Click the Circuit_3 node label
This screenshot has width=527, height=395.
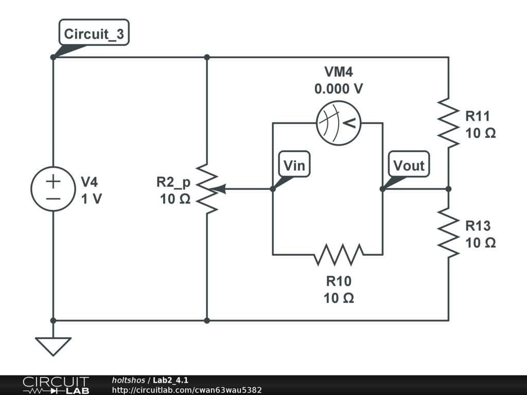pyautogui.click(x=94, y=34)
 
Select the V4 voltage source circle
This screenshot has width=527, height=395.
pyautogui.click(x=53, y=189)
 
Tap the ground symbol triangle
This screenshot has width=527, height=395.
pyautogui.click(x=53, y=346)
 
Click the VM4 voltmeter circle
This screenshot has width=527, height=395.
pyautogui.click(x=338, y=123)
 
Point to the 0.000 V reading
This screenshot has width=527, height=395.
pyautogui.click(x=339, y=89)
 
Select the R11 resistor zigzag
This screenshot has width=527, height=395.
pyautogui.click(x=448, y=123)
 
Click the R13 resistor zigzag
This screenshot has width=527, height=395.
pyautogui.click(x=448, y=232)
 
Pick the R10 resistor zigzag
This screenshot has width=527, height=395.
pyautogui.click(x=339, y=254)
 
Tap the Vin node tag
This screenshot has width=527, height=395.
pyautogui.click(x=294, y=166)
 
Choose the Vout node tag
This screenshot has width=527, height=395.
pyautogui.click(x=409, y=166)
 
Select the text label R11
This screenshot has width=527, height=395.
pyautogui.click(x=478, y=116)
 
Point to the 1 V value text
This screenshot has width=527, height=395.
pyautogui.click(x=92, y=199)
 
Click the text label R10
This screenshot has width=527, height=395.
pyautogui.click(x=339, y=281)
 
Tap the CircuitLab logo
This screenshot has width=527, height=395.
pyautogui.click(x=55, y=385)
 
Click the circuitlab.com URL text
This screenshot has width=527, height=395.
pyautogui.click(x=187, y=390)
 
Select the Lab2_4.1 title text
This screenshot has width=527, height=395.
pyautogui.click(x=170, y=380)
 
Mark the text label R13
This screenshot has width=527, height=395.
pyautogui.click(x=478, y=226)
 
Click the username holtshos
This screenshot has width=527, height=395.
pyautogui.click(x=129, y=380)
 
